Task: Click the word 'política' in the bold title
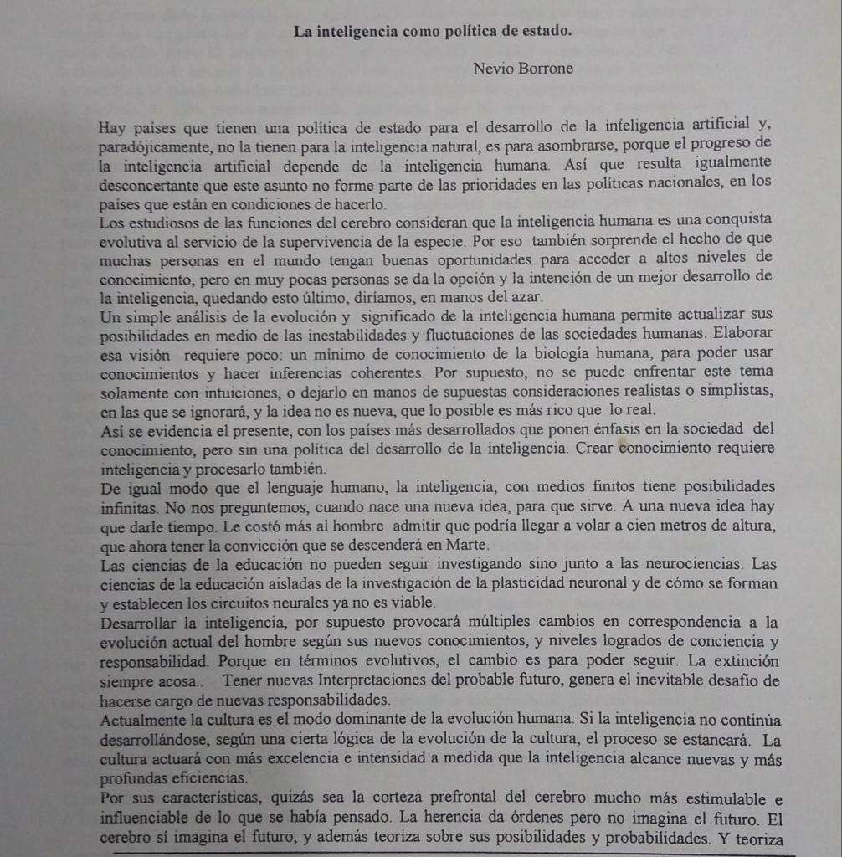455,32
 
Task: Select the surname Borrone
547,69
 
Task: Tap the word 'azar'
526,297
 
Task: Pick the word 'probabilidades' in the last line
655,838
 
